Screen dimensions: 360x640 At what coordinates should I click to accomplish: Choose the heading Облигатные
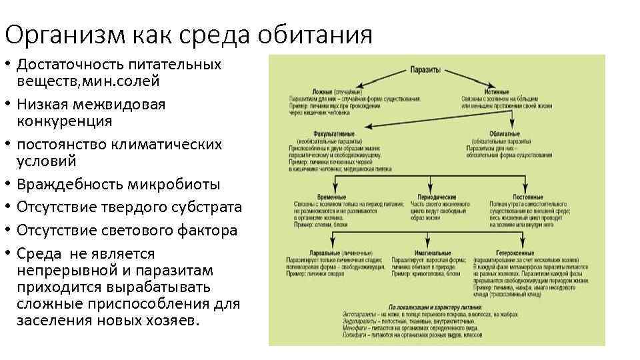coord(505,134)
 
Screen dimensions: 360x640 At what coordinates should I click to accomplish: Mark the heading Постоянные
coord(527,197)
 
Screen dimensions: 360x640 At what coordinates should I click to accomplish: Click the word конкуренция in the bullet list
coord(65,121)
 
